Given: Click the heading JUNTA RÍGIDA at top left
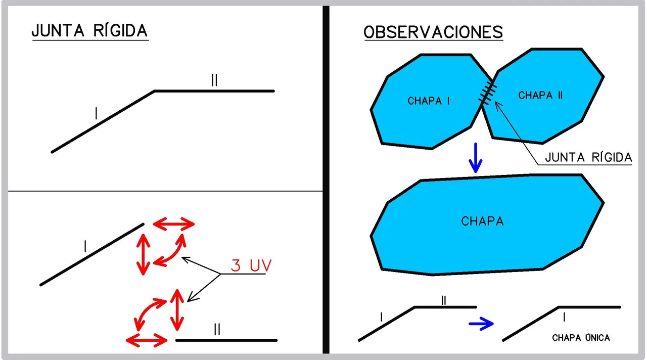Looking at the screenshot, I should (89, 31).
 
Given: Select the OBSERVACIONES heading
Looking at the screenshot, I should (433, 32).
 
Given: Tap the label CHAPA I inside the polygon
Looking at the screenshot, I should (429, 101).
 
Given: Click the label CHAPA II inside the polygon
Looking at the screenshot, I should (540, 95).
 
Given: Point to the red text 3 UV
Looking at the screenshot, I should (251, 265).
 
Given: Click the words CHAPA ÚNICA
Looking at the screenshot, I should (581, 338).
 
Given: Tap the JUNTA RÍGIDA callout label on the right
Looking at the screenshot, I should (588, 158).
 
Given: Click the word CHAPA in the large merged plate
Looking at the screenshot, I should (482, 221).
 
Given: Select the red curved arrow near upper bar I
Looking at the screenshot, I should (170, 249).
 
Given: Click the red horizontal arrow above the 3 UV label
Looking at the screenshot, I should (174, 223).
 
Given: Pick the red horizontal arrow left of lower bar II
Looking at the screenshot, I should (147, 339).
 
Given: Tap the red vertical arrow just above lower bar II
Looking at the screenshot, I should (176, 309).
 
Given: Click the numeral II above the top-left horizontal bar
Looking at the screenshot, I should (214, 81).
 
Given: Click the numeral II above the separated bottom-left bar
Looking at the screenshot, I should (217, 330).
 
